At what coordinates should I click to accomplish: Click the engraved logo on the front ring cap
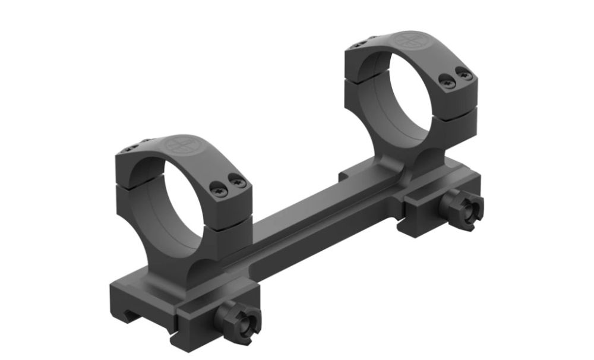(x=179, y=144)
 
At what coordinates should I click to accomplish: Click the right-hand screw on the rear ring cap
(x=466, y=75)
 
